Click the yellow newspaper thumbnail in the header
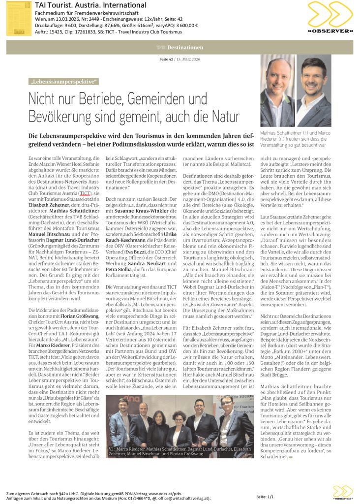click(x=19, y=19)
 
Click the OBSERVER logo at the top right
click(x=330, y=18)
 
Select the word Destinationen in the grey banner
click(x=185, y=47)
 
